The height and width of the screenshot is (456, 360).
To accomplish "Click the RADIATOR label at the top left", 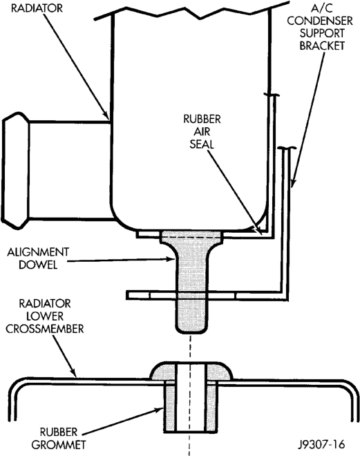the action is click(37, 8).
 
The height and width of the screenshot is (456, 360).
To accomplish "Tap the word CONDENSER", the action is click(320, 21).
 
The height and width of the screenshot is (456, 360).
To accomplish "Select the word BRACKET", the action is click(322, 46).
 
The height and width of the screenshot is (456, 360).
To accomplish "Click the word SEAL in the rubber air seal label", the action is click(202, 144).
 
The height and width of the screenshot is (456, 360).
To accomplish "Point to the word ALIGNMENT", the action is click(38, 252).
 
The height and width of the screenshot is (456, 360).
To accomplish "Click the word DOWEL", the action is click(38, 265).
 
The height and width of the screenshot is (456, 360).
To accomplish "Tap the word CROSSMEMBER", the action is click(45, 329).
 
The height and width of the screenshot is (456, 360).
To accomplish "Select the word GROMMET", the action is click(59, 445).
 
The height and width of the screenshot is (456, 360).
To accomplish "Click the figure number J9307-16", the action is click(321, 444).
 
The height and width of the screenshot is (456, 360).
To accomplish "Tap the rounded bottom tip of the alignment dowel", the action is click(192, 331).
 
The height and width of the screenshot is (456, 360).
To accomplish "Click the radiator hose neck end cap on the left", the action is click(15, 171).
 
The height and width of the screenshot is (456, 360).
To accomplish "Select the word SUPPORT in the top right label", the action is click(322, 33).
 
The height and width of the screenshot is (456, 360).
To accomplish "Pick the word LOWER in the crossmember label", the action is click(45, 316).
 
